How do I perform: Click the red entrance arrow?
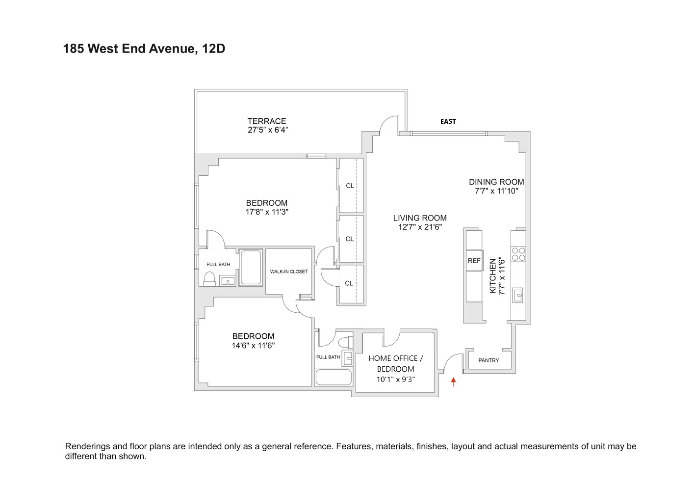click(x=453, y=381)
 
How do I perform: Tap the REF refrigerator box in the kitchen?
click(x=474, y=261)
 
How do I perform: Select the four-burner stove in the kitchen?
click(x=518, y=254)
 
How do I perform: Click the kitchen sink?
click(x=518, y=296)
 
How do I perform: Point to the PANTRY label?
click(x=488, y=360)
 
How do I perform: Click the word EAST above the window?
click(x=448, y=121)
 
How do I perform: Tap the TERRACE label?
click(x=266, y=121)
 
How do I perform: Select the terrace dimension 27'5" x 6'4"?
click(x=267, y=130)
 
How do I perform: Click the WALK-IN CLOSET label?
click(x=289, y=272)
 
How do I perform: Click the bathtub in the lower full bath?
click(x=334, y=377)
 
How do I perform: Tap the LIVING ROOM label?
click(x=420, y=218)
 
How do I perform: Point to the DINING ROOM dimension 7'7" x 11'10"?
click(x=496, y=191)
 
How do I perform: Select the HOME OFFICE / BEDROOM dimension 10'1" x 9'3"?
click(x=395, y=379)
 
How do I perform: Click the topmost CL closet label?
click(x=350, y=186)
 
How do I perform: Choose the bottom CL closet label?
click(x=349, y=283)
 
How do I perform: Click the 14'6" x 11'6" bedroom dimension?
click(x=253, y=345)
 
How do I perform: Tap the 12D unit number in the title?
click(x=213, y=49)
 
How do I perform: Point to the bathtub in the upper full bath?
click(x=251, y=268)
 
